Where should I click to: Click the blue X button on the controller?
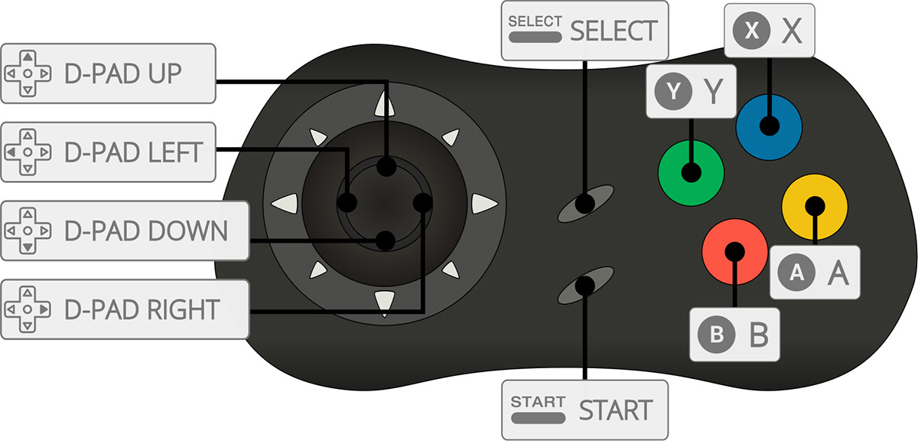tap(769, 127)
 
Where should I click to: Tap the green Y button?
tap(691, 173)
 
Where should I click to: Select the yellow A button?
tap(815, 207)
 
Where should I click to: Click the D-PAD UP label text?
tap(123, 73)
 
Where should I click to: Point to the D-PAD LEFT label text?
tap(134, 152)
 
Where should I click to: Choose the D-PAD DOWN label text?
tap(146, 231)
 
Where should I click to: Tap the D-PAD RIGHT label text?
tap(142, 309)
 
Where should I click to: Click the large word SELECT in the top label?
tap(614, 31)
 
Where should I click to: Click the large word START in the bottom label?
tap(616, 410)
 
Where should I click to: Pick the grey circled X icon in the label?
tap(751, 31)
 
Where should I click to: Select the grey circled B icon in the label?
tap(716, 335)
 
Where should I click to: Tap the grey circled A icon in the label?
tap(796, 272)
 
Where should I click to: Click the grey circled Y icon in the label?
tap(673, 91)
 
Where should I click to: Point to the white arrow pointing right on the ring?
tap(484, 204)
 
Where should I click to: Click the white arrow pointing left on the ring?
tap(285, 204)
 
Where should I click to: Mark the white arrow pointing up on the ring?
tap(384, 103)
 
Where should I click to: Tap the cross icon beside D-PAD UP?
tap(28, 73)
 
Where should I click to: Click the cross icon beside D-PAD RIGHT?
tap(28, 309)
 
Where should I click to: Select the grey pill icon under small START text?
tap(538, 419)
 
